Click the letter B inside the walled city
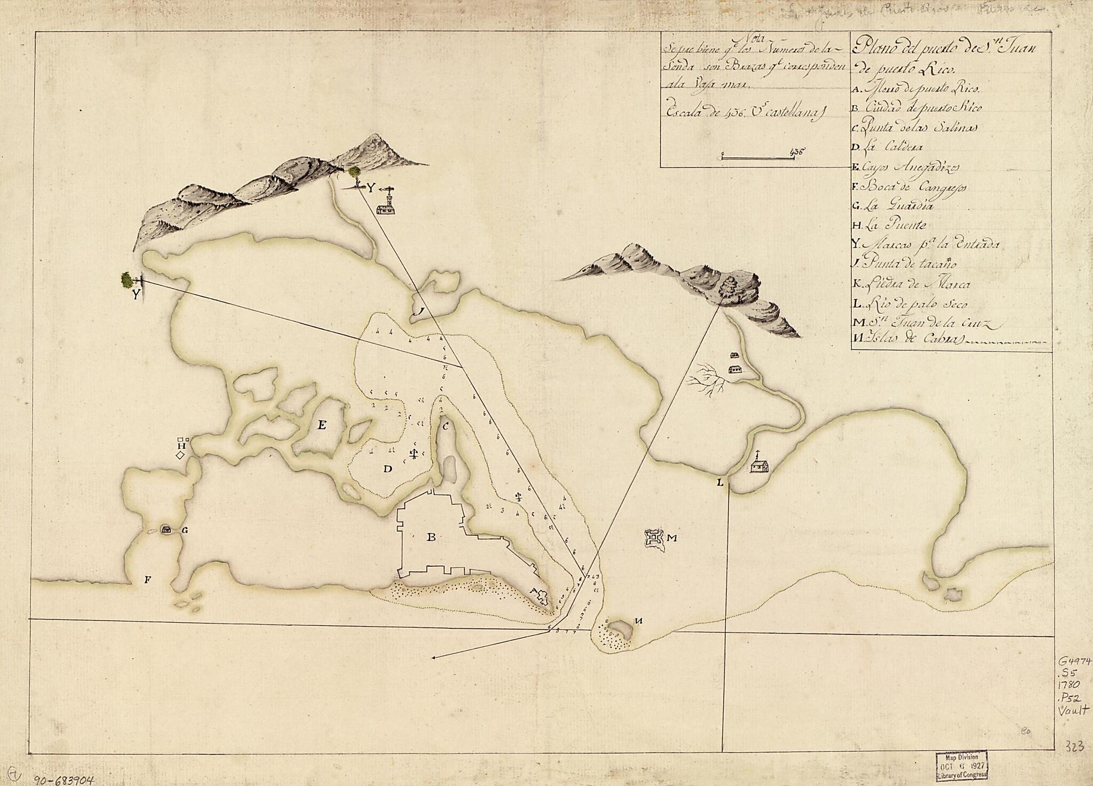[x=431, y=537]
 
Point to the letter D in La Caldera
[x=388, y=469]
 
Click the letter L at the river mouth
[x=720, y=483]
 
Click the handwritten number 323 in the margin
[x=1073, y=746]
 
